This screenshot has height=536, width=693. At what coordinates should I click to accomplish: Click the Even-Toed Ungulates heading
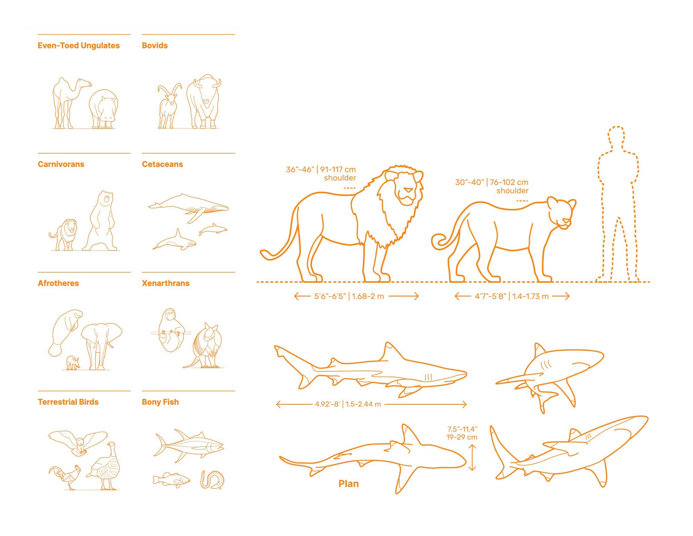[x=79, y=45]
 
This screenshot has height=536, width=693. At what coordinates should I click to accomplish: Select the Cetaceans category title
[x=162, y=164]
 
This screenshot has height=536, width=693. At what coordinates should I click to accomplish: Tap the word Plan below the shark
[x=348, y=484]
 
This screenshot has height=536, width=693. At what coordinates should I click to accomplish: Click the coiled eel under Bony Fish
[x=212, y=480]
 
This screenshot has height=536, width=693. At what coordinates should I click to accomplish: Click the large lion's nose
[x=409, y=190]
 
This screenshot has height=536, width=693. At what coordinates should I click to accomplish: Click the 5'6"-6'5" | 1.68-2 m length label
[x=349, y=296]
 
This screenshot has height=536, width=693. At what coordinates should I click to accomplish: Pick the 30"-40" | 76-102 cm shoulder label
[x=492, y=186]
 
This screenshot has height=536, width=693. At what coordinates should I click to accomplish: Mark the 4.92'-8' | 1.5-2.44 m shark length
[x=348, y=404]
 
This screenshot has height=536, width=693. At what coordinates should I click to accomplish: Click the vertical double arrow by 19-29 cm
[x=472, y=458]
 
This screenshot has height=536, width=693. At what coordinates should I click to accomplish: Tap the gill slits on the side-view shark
[x=428, y=377]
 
